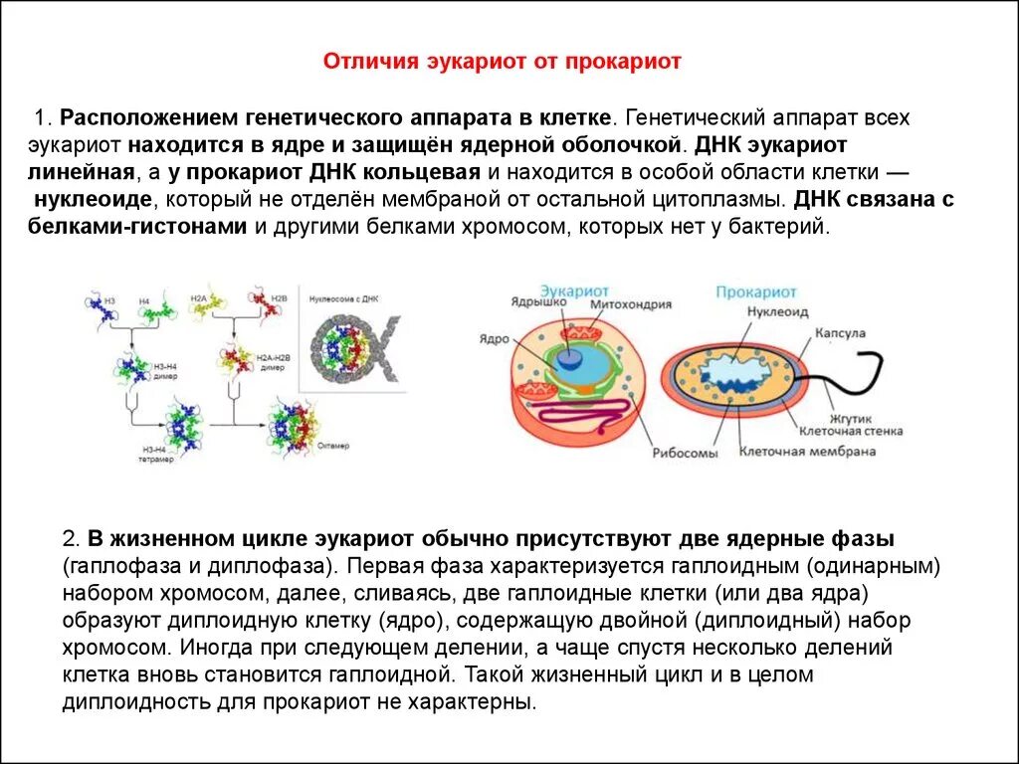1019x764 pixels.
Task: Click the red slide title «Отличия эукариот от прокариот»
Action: coord(502,62)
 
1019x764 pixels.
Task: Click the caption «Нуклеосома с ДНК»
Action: coord(345,298)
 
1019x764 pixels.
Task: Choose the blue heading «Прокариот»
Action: coord(756,291)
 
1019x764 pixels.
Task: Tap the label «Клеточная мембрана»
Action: coord(807,451)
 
